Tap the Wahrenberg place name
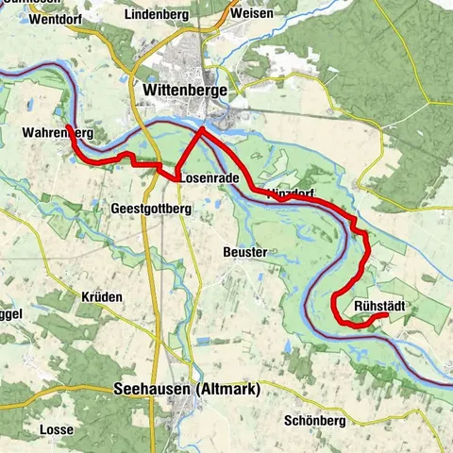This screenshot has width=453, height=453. [x=55, y=134]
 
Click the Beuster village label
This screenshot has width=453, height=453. [x=245, y=252]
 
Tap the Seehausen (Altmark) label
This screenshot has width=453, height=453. [x=186, y=389]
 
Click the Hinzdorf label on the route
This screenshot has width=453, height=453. [x=289, y=193]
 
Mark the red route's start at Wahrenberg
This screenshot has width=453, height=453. [x=68, y=126]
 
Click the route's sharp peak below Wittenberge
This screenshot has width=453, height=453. [x=200, y=130]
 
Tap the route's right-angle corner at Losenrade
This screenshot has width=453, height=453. [x=176, y=176]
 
